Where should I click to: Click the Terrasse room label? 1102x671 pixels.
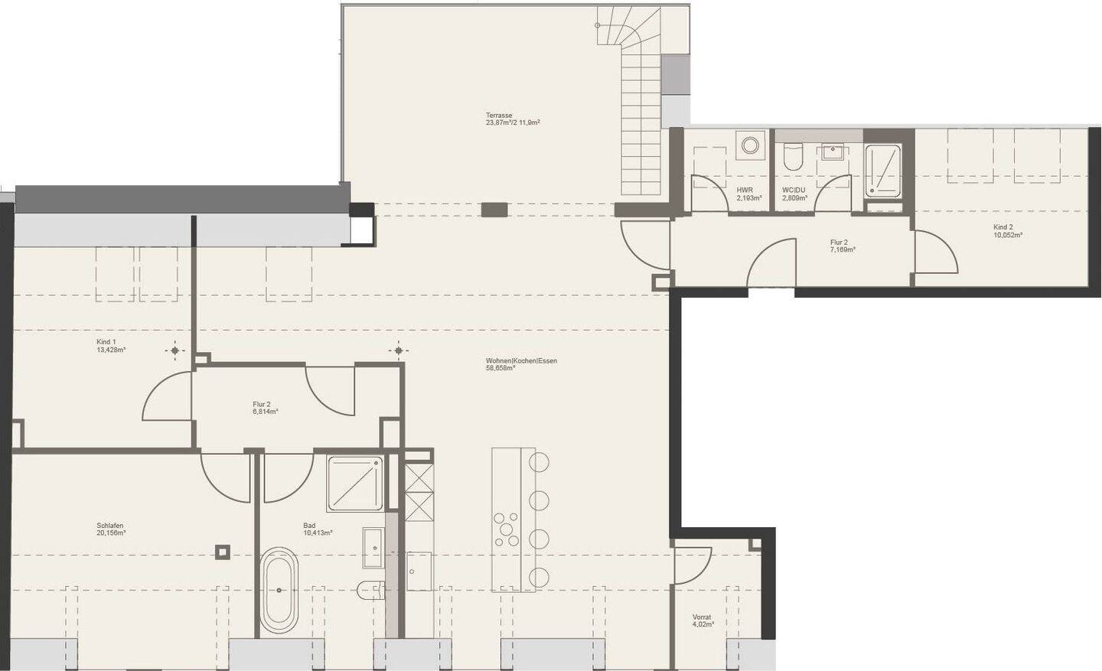[x=498, y=115]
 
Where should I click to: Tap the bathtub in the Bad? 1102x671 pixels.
[x=279, y=590]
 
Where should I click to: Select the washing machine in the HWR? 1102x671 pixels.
[x=750, y=145]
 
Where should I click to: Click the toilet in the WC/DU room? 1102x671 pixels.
[x=793, y=157]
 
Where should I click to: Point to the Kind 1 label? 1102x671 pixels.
[x=106, y=342]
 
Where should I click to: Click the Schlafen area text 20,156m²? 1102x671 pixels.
[x=111, y=533]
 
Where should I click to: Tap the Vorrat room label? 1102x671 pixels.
[x=701, y=617]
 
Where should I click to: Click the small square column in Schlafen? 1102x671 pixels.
[x=222, y=551]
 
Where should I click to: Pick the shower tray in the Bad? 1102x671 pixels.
[x=356, y=484]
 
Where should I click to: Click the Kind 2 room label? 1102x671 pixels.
[x=1003, y=227]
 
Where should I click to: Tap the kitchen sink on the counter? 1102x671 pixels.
[x=418, y=571]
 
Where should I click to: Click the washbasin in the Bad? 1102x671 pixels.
[x=373, y=548]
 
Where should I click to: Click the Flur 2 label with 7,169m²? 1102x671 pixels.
[x=840, y=243]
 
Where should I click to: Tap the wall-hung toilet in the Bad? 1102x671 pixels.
[x=370, y=589]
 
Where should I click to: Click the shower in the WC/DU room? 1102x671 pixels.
[x=883, y=170]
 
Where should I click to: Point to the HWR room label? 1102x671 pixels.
[x=744, y=189]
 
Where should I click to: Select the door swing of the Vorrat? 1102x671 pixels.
[x=693, y=566]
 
